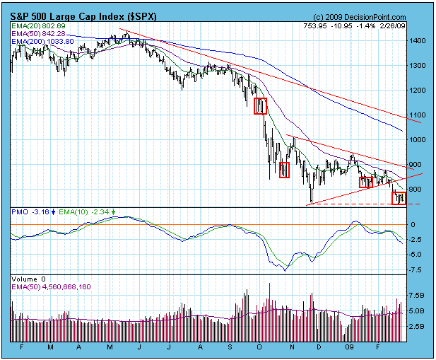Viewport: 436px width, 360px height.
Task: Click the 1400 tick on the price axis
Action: (418, 42)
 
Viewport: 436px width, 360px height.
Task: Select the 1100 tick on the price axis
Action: (418, 115)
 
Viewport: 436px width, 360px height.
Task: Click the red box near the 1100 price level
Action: (261, 105)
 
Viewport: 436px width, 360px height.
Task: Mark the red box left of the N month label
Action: (284, 170)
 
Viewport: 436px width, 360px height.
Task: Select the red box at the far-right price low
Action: (400, 198)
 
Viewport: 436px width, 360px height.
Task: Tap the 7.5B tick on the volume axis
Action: (417, 295)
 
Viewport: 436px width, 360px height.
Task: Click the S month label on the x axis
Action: (231, 347)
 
